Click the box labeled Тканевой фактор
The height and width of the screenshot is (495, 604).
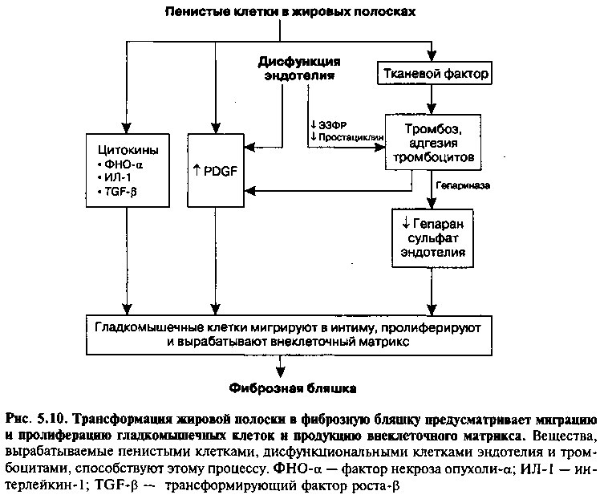pos(434,73)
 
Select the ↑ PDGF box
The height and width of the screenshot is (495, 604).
pos(216,170)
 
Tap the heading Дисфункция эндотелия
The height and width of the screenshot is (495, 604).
pos(299,68)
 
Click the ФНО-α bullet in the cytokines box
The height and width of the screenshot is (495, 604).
pos(121,165)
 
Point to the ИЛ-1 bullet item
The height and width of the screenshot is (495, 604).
pos(115,178)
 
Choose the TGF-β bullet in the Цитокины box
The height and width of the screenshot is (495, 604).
pos(118,192)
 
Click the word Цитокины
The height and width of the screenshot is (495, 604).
pos(128,150)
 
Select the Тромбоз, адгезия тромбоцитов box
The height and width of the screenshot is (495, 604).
pos(433,142)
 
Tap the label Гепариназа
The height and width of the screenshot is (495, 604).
pos(463,185)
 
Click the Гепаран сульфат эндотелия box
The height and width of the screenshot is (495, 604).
pos(432,238)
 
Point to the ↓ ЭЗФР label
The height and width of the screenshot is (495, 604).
pos(329,125)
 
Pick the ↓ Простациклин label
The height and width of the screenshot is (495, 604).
pos(347,137)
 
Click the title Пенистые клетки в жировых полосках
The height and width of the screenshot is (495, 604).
pos(290,11)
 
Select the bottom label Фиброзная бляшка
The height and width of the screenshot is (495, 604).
pos(293,388)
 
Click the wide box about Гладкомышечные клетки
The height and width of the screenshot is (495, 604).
pos(289,335)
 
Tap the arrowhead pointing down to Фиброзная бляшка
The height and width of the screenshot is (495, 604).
pos(281,372)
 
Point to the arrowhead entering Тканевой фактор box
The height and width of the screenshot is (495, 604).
pos(432,56)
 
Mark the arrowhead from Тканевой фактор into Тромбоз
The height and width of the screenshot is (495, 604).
pos(432,109)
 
